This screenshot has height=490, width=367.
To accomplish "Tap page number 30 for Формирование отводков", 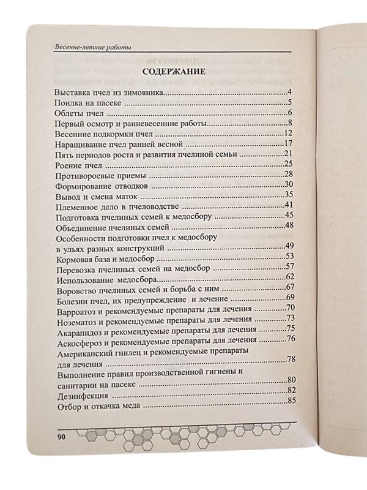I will (291, 184).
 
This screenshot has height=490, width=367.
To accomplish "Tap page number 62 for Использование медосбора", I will (291, 277).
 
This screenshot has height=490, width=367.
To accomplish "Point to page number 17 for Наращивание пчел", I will (291, 143).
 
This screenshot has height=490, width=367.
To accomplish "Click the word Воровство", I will (78, 288).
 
